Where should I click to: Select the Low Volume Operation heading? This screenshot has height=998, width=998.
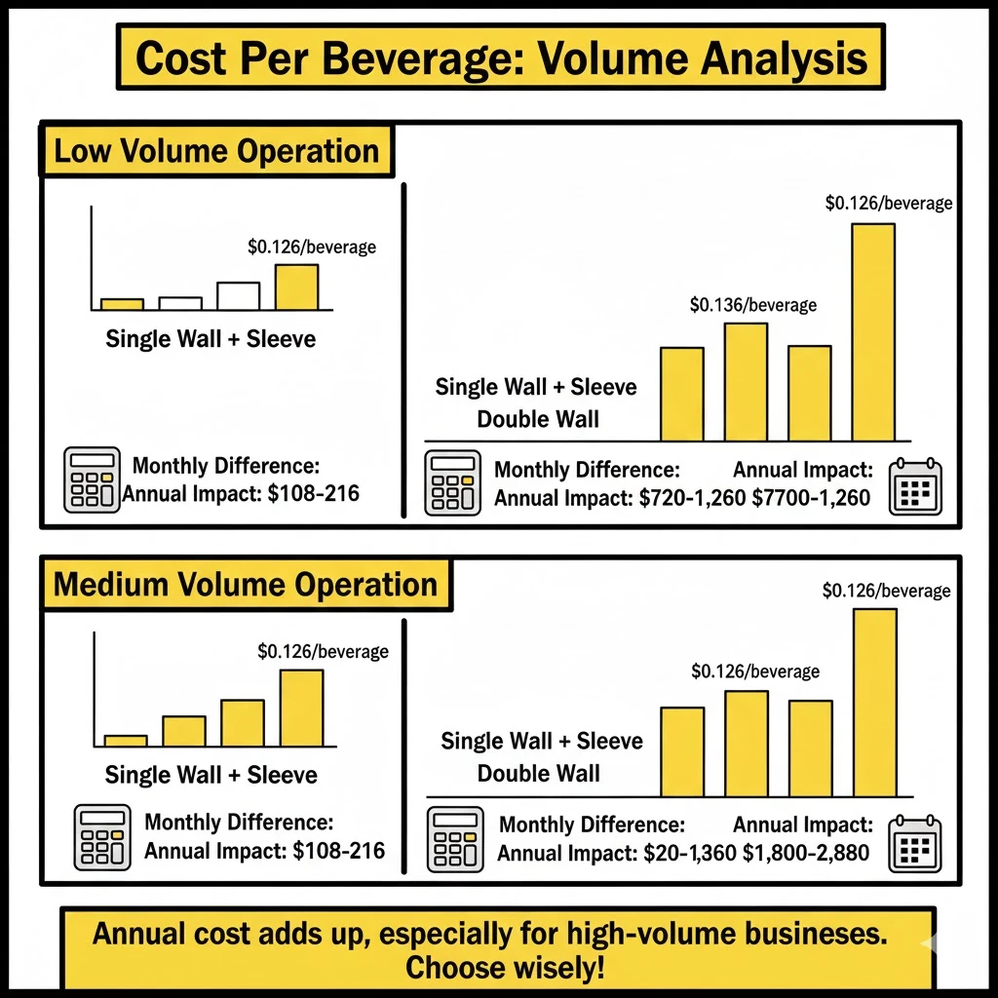(x=216, y=151)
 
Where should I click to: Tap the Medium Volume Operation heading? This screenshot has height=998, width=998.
(x=245, y=585)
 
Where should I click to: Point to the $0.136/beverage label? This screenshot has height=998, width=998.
(x=752, y=305)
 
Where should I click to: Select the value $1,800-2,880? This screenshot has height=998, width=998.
(x=806, y=855)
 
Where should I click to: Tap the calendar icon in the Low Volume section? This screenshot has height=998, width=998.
(x=915, y=484)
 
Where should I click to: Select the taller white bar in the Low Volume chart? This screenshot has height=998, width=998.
(x=239, y=296)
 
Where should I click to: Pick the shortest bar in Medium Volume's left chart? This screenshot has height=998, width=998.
(x=126, y=740)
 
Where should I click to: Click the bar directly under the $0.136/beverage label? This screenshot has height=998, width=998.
(x=746, y=382)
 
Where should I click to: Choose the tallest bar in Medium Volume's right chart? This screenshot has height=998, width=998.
(x=874, y=702)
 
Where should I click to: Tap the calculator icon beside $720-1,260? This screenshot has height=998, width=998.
(x=453, y=482)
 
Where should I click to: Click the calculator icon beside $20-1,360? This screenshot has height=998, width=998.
(x=455, y=839)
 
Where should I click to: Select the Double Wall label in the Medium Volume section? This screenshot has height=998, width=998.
(x=538, y=773)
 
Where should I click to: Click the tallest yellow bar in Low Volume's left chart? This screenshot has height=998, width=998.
(x=296, y=288)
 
